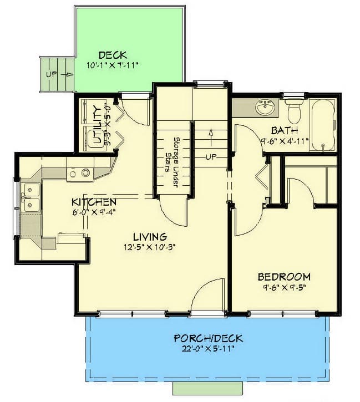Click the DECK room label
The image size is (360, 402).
pyautogui.click(x=113, y=55)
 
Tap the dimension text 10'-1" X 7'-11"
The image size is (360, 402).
pyautogui.click(x=113, y=65)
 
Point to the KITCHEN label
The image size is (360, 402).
pyautogui.click(x=94, y=202)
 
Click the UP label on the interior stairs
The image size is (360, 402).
pyautogui.click(x=211, y=157)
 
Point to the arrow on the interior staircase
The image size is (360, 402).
pyautogui.click(x=211, y=135)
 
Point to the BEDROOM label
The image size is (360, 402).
pyautogui.click(x=283, y=277)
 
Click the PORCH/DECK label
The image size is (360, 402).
pyautogui.click(x=208, y=338)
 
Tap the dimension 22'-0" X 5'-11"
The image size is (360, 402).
pyautogui.click(x=208, y=349)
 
